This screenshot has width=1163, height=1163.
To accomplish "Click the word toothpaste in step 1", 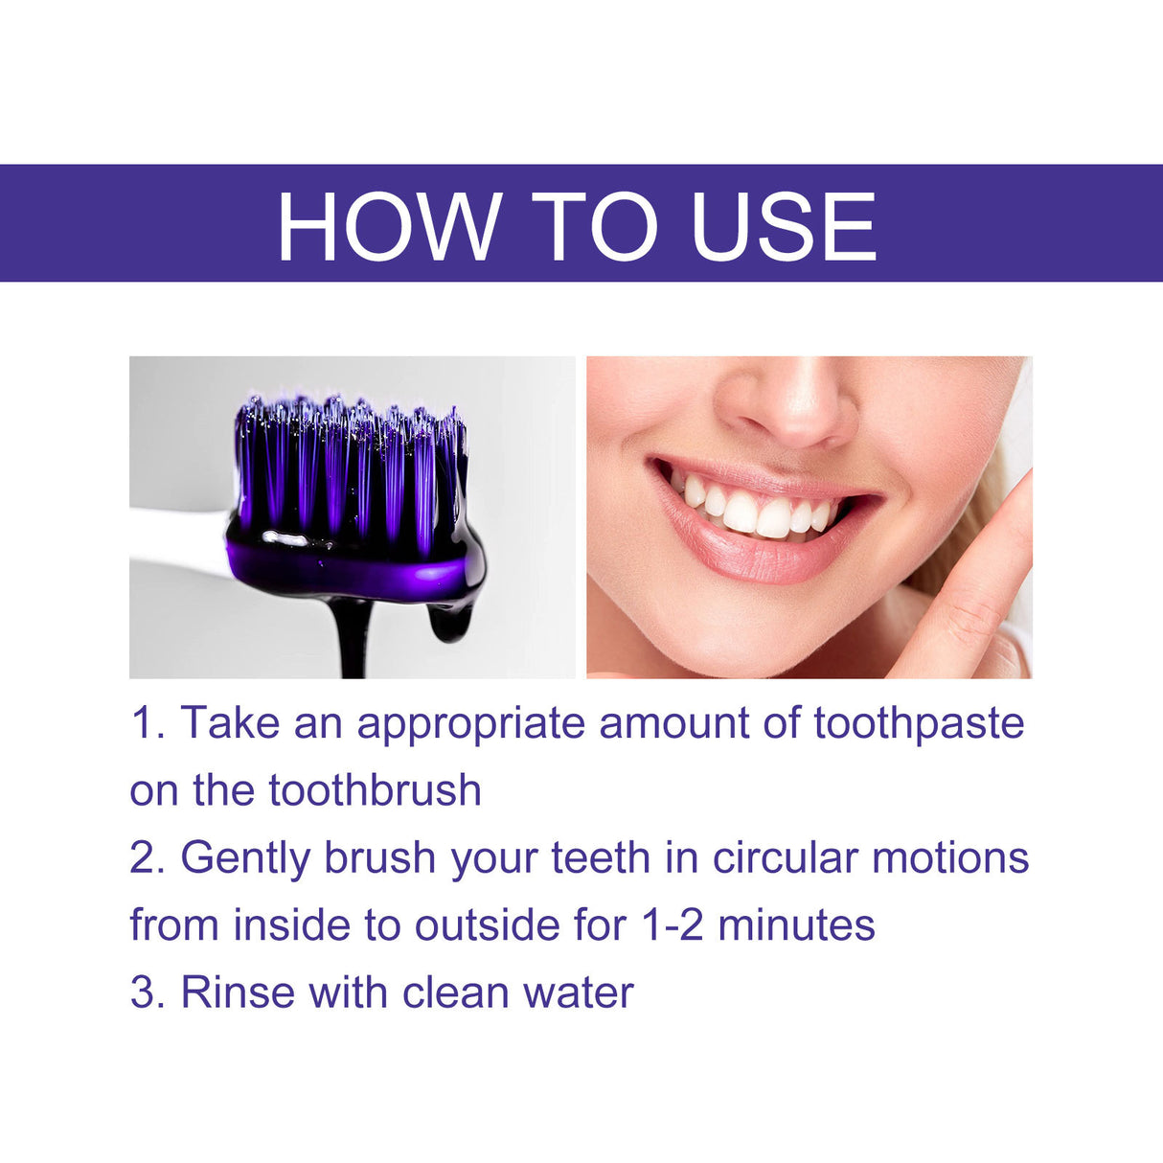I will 919,723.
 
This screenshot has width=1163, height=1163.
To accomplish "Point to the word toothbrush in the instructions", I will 375,790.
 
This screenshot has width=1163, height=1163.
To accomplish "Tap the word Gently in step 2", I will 244,858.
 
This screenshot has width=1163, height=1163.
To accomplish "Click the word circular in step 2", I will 785,857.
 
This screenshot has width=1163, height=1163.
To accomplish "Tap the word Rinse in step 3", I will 238,992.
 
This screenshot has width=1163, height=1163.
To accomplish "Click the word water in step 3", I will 578,993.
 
